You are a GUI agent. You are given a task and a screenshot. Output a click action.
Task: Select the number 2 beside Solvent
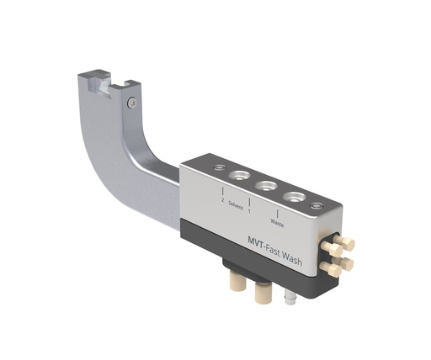221,199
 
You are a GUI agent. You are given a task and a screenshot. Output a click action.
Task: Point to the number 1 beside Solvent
249,210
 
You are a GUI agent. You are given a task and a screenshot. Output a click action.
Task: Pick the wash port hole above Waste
295,197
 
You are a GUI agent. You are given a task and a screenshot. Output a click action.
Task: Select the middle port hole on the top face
266,185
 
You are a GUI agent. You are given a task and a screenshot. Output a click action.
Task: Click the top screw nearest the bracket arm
220,168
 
